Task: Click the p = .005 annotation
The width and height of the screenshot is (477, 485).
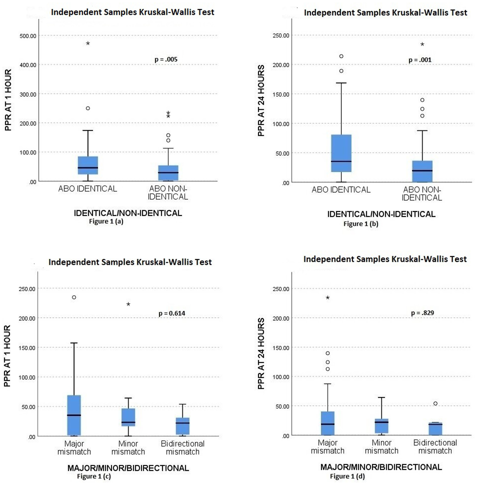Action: (x=166, y=60)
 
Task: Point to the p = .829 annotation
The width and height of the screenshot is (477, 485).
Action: (x=422, y=313)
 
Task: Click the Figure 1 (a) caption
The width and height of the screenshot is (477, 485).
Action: (x=106, y=222)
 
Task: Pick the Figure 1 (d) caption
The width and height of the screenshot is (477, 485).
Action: (x=347, y=476)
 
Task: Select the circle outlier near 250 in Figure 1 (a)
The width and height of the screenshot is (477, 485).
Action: (x=88, y=108)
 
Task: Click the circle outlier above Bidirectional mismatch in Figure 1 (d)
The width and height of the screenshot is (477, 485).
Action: (x=435, y=404)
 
